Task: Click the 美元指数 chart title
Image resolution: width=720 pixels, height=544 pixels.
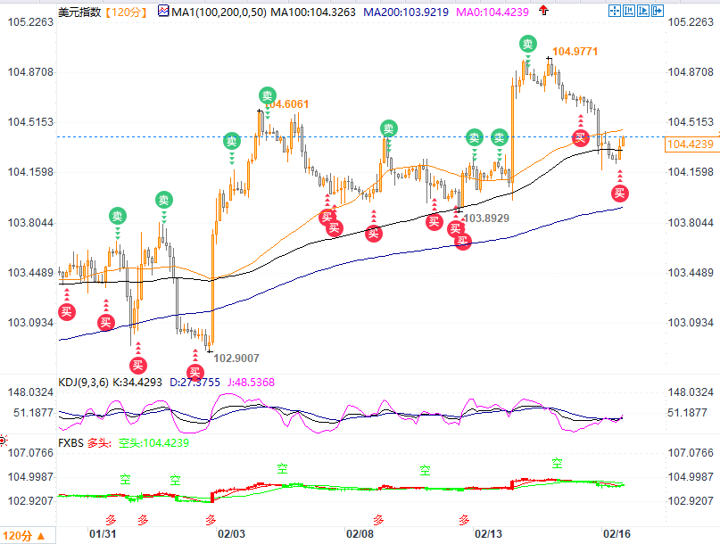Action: click(x=79, y=12)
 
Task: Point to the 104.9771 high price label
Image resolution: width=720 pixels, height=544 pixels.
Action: click(x=575, y=52)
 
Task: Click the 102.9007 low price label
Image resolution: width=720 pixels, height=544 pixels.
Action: click(x=237, y=358)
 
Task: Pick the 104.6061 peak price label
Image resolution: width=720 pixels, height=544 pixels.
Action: click(x=288, y=104)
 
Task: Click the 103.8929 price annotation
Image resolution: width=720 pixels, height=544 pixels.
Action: click(x=487, y=218)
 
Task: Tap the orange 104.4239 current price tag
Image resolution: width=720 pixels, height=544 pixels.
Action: click(x=691, y=144)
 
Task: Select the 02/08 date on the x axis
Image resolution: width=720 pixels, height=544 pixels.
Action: click(x=360, y=533)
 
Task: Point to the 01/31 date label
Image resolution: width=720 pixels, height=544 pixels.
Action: click(x=104, y=533)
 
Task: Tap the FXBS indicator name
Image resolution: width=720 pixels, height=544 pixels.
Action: click(x=71, y=442)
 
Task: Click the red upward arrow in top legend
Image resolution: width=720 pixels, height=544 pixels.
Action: click(x=543, y=11)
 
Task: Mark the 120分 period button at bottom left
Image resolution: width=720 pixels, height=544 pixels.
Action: click(x=18, y=535)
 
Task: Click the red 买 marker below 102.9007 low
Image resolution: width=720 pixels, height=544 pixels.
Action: click(x=195, y=372)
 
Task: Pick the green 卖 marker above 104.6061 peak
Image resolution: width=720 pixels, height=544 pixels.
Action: click(x=268, y=95)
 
